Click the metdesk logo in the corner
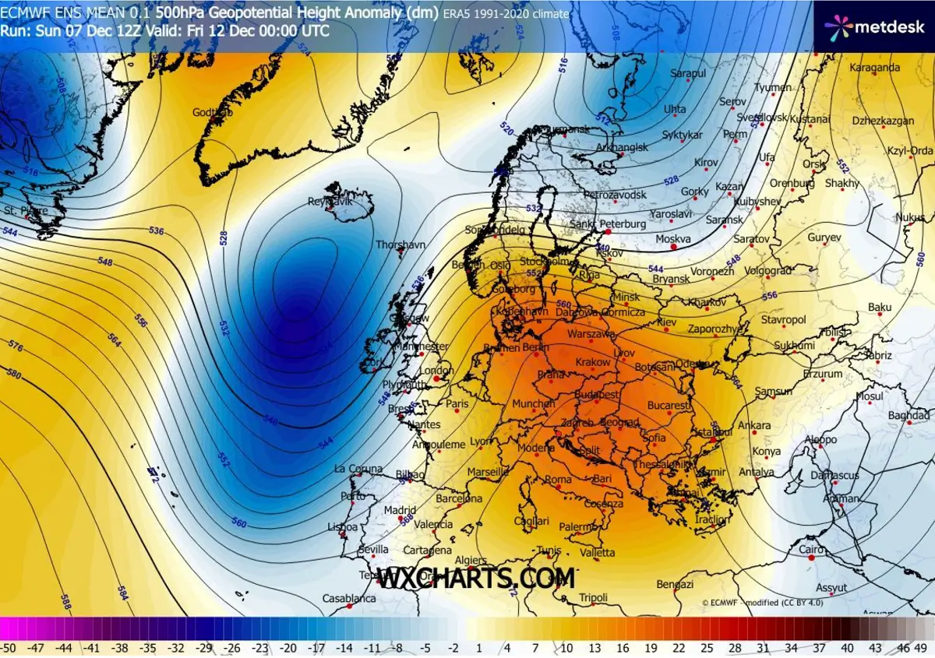[874, 27]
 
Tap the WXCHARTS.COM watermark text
[476, 578]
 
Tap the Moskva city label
[673, 239]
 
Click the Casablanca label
[349, 599]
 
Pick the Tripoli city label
[593, 598]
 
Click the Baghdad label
[909, 416]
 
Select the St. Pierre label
[22, 211]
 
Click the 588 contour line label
[66, 602]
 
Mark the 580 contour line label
[12, 374]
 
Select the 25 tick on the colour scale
[707, 648]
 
